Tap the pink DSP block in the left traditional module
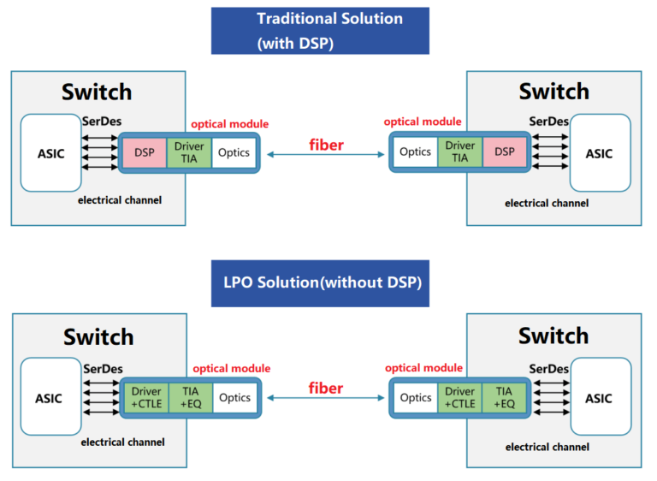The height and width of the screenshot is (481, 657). coord(145,152)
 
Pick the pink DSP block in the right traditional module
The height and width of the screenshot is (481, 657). coord(504,152)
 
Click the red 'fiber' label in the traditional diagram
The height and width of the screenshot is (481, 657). coord(326,145)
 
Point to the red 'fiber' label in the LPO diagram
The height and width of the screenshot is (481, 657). coord(326,388)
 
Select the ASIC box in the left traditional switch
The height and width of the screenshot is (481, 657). coord(50,153)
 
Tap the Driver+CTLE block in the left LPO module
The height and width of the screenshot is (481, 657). coord(146,397)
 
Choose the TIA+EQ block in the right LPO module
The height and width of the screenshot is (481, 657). coord(504,397)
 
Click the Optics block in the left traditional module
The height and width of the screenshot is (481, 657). coord(234,152)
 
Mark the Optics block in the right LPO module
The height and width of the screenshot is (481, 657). coord(416,397)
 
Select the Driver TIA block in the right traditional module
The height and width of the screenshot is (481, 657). coord(460,152)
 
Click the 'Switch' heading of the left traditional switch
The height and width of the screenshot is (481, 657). coord(97,92)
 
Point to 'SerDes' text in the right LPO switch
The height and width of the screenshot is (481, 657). coord(549,369)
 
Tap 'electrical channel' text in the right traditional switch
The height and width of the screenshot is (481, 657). coord(547,203)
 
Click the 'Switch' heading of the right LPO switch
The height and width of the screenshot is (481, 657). coord(553,336)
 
